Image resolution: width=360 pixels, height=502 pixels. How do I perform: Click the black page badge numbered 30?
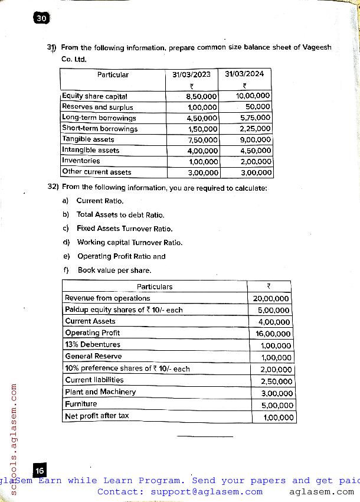tap(41, 18)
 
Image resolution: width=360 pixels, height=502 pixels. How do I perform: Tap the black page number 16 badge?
tap(40, 471)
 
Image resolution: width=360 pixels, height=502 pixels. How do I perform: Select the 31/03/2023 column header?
tap(191, 74)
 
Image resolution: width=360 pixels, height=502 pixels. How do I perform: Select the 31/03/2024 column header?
tap(244, 74)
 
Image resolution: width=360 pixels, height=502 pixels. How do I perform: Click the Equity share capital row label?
tap(94, 96)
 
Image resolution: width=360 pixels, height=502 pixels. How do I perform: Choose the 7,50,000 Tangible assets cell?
tap(202, 139)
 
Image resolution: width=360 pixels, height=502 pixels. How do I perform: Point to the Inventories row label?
tap(81, 161)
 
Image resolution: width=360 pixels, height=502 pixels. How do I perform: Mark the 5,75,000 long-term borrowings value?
tap(255, 118)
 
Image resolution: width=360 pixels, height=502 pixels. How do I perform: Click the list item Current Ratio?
tap(100, 201)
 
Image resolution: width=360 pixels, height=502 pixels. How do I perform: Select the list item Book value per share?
tap(114, 270)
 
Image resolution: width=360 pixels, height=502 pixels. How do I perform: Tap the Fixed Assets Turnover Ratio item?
tap(125, 229)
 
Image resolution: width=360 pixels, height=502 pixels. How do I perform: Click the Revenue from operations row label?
tap(107, 298)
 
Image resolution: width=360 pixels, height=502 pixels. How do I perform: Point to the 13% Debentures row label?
tap(93, 344)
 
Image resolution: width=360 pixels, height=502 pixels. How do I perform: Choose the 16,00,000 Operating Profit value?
tap(272, 334)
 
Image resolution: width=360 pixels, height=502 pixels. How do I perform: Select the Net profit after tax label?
tap(97, 416)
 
